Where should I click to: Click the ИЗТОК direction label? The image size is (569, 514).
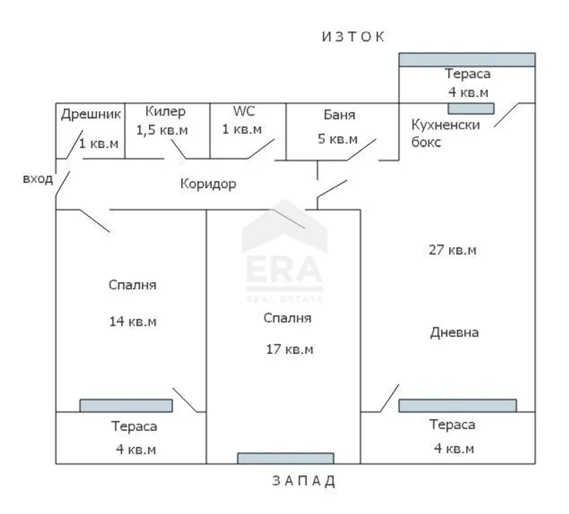tap(353, 37)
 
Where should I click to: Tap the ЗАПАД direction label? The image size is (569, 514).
tap(303, 481)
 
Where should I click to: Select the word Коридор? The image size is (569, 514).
tap(208, 184)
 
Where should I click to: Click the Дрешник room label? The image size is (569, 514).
tap(91, 114)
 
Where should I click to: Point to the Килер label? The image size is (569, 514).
tap(165, 112)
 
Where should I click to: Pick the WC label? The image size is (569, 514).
tap(244, 111)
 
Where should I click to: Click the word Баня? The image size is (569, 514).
tap(340, 115)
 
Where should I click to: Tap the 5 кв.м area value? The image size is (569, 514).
tap(337, 139)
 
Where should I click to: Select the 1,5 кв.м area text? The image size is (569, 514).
tap(162, 130)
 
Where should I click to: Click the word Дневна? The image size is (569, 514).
tap(455, 332)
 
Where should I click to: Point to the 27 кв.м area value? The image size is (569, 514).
tap(452, 250)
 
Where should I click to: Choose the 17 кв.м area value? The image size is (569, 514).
tap(290, 350)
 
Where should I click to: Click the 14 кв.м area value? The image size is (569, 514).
tap(133, 321)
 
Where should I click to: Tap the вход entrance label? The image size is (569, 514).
tap(38, 179)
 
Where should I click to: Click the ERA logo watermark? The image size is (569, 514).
tap(284, 250)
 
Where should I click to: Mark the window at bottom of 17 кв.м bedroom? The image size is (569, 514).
tap(286, 458)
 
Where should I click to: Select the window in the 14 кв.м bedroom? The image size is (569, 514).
tap(126, 406)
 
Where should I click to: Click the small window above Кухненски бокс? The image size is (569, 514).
tap(471, 108)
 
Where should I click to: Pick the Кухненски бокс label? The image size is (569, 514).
tap(446, 133)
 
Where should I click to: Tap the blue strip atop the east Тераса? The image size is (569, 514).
tap(467, 60)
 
